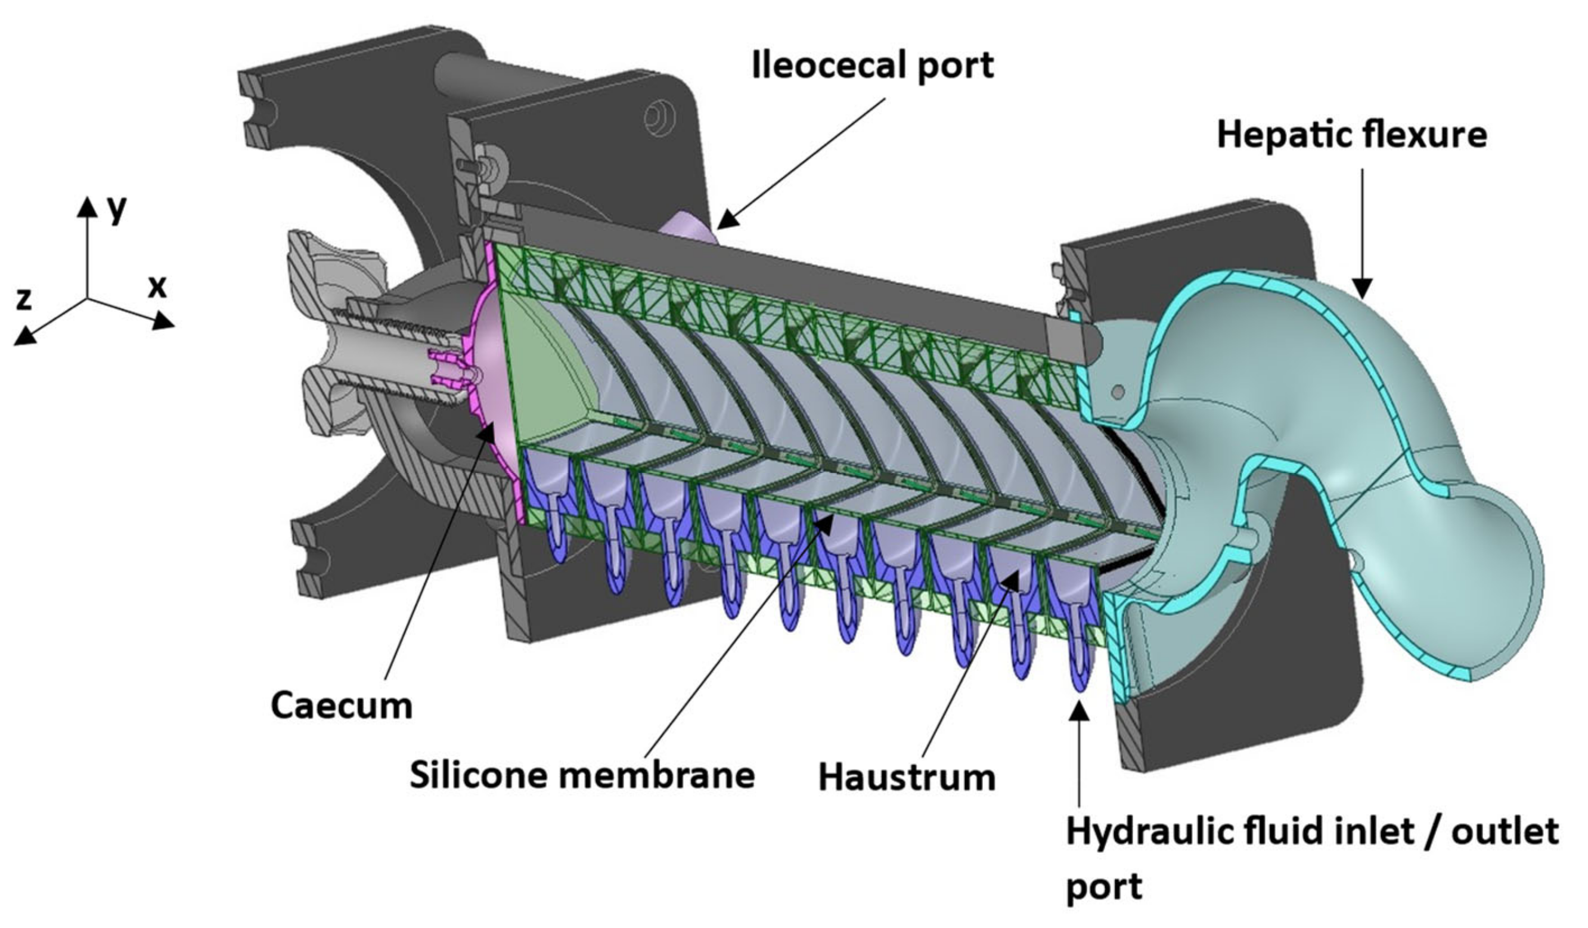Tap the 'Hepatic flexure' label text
pos(1352,135)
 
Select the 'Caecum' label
pos(342,706)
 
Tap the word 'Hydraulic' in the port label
pos(1140,832)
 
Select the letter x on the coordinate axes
pos(157,287)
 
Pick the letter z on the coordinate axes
pos(23,299)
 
